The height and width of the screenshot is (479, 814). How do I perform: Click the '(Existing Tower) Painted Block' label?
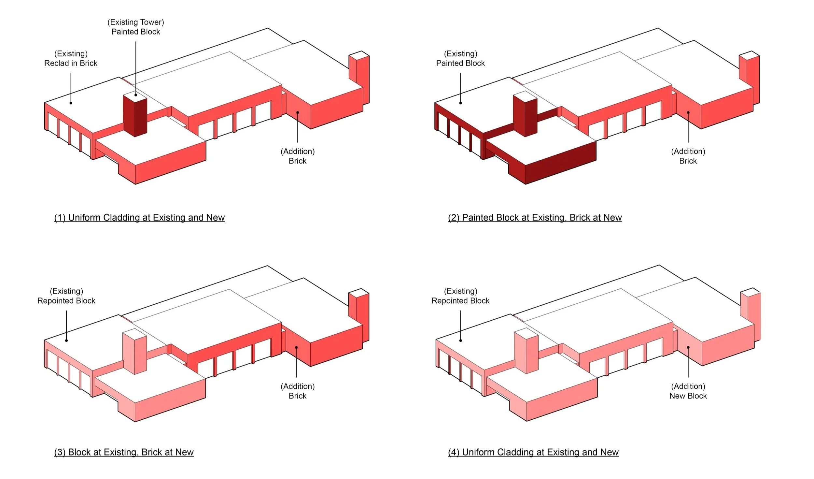pyautogui.click(x=135, y=27)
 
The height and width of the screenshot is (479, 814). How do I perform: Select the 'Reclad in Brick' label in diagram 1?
pyautogui.click(x=71, y=63)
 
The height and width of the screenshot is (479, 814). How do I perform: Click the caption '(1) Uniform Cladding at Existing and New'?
pyautogui.click(x=139, y=217)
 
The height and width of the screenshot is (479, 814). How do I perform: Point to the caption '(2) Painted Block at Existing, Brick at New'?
pyautogui.click(x=535, y=217)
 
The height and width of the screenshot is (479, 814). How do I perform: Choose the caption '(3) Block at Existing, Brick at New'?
pyautogui.click(x=124, y=452)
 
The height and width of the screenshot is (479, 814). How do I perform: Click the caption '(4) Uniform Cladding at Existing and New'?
pyautogui.click(x=533, y=452)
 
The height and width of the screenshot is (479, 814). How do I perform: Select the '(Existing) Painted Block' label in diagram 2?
pyautogui.click(x=460, y=58)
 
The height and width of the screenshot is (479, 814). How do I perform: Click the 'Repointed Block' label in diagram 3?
pyautogui.click(x=66, y=300)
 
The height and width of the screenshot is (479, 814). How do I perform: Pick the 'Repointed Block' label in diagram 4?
pyautogui.click(x=460, y=300)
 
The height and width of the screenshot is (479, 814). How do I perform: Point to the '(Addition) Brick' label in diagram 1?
pyautogui.click(x=298, y=156)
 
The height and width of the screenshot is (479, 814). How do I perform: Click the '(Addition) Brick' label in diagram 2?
pyautogui.click(x=688, y=156)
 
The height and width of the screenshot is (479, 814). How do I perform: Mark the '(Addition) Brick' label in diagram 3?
pyautogui.click(x=298, y=391)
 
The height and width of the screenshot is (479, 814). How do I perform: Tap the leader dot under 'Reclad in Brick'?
pyautogui.click(x=71, y=103)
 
